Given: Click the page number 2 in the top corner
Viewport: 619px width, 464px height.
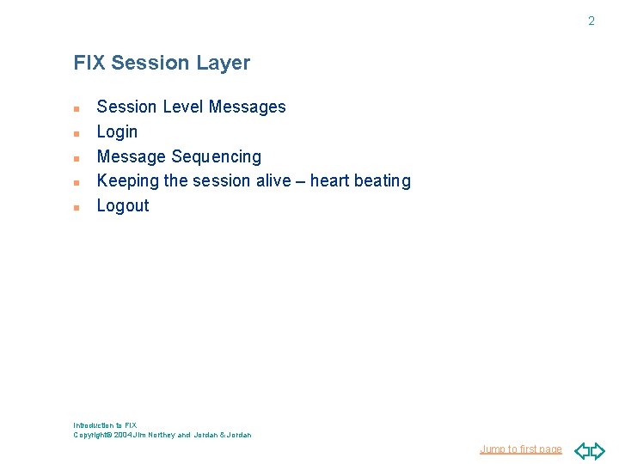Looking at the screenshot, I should pyautogui.click(x=591, y=21).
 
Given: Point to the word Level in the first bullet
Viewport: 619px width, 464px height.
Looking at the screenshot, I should pyautogui.click(x=181, y=107).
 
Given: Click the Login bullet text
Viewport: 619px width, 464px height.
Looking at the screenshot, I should pyautogui.click(x=117, y=131).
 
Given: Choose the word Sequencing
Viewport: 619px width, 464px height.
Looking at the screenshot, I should pyautogui.click(x=216, y=156).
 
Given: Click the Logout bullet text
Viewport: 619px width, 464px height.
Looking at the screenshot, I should pyautogui.click(x=123, y=205).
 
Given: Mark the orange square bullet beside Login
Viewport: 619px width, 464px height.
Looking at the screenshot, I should pyautogui.click(x=77, y=133).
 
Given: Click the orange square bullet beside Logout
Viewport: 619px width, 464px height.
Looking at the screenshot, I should pyautogui.click(x=77, y=207).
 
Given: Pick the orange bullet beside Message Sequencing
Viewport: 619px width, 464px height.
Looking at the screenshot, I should pyautogui.click(x=77, y=158).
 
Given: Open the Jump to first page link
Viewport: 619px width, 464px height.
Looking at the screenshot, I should pyautogui.click(x=520, y=449).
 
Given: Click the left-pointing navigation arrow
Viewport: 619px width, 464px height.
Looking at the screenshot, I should pyautogui.click(x=581, y=450).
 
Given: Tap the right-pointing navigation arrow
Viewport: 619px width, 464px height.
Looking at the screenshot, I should pyautogui.click(x=598, y=450).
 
